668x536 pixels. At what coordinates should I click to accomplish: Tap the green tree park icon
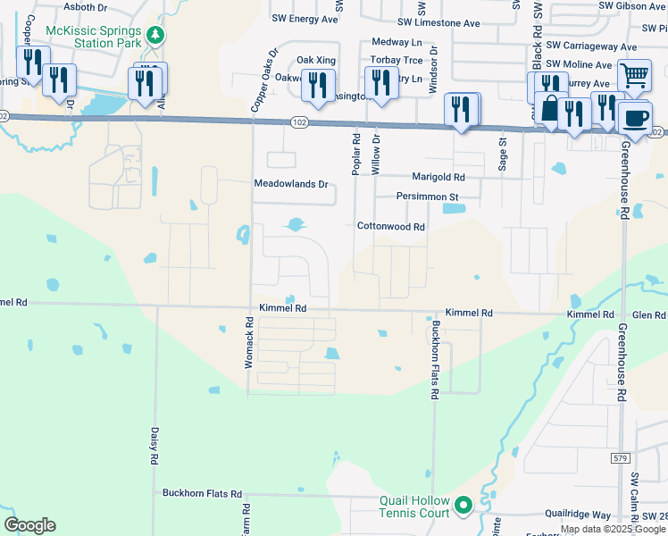coord(156,35)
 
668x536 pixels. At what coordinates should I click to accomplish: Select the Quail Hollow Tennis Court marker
coord(463,507)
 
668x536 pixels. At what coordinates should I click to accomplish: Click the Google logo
coord(29,525)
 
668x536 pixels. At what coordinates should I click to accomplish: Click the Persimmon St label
coord(427,197)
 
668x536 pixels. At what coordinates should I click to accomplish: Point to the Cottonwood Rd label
coord(390,227)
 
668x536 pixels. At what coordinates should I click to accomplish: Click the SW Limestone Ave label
coord(438,23)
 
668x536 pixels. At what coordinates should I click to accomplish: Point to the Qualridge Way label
coord(579,515)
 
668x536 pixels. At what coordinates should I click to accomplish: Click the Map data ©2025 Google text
coord(612,529)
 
